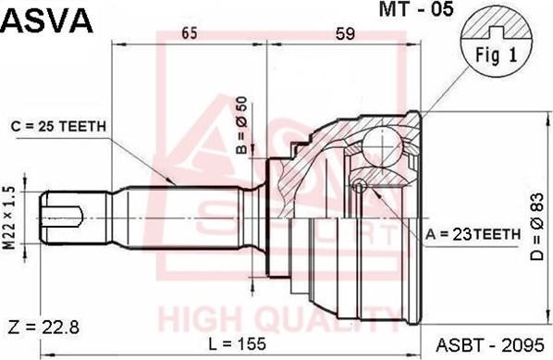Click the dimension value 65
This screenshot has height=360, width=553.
[x=190, y=34]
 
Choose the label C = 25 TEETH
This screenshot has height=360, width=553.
[x=59, y=126]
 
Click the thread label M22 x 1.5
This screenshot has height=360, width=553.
[x=10, y=214]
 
